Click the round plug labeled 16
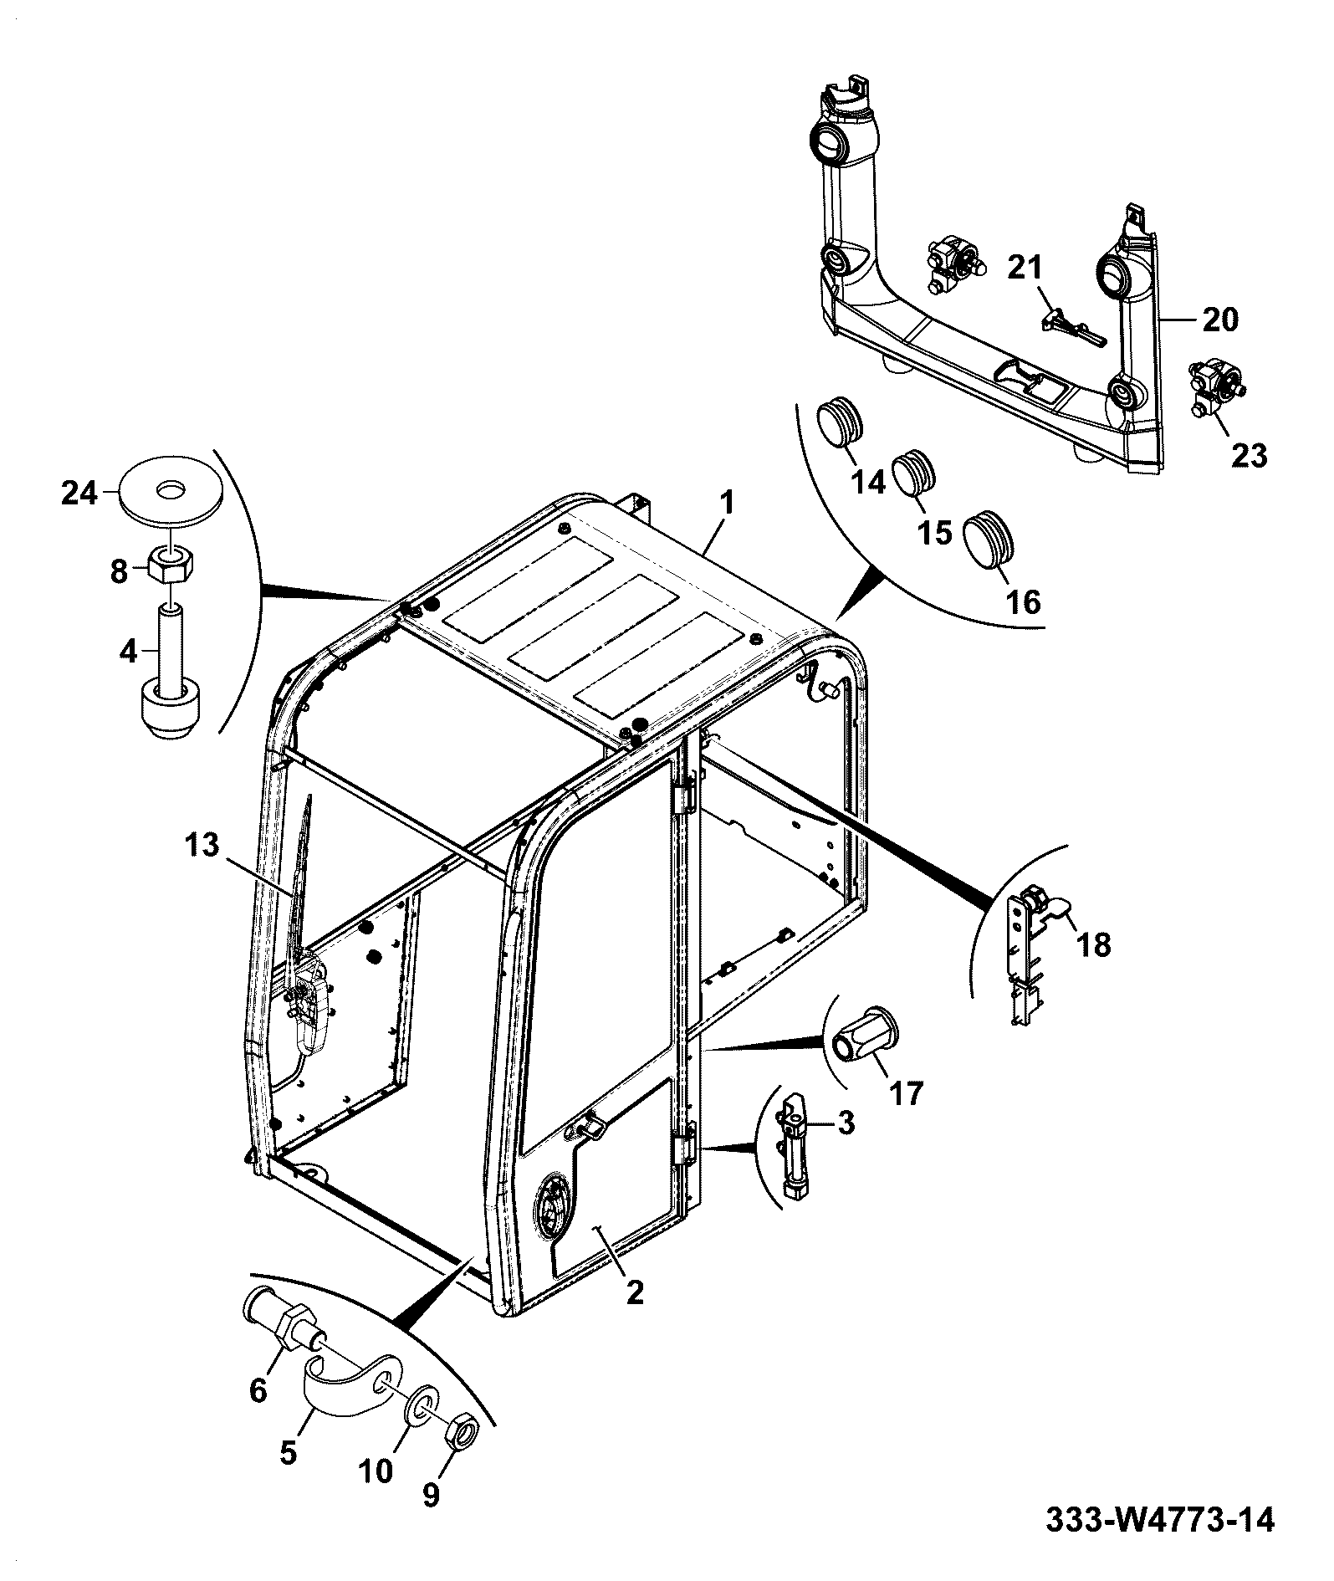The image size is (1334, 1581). coord(991,540)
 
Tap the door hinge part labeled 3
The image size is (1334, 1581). coord(798,1146)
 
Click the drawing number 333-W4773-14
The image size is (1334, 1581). coord(1161,1519)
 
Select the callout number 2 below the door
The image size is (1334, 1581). coord(635,1316)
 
